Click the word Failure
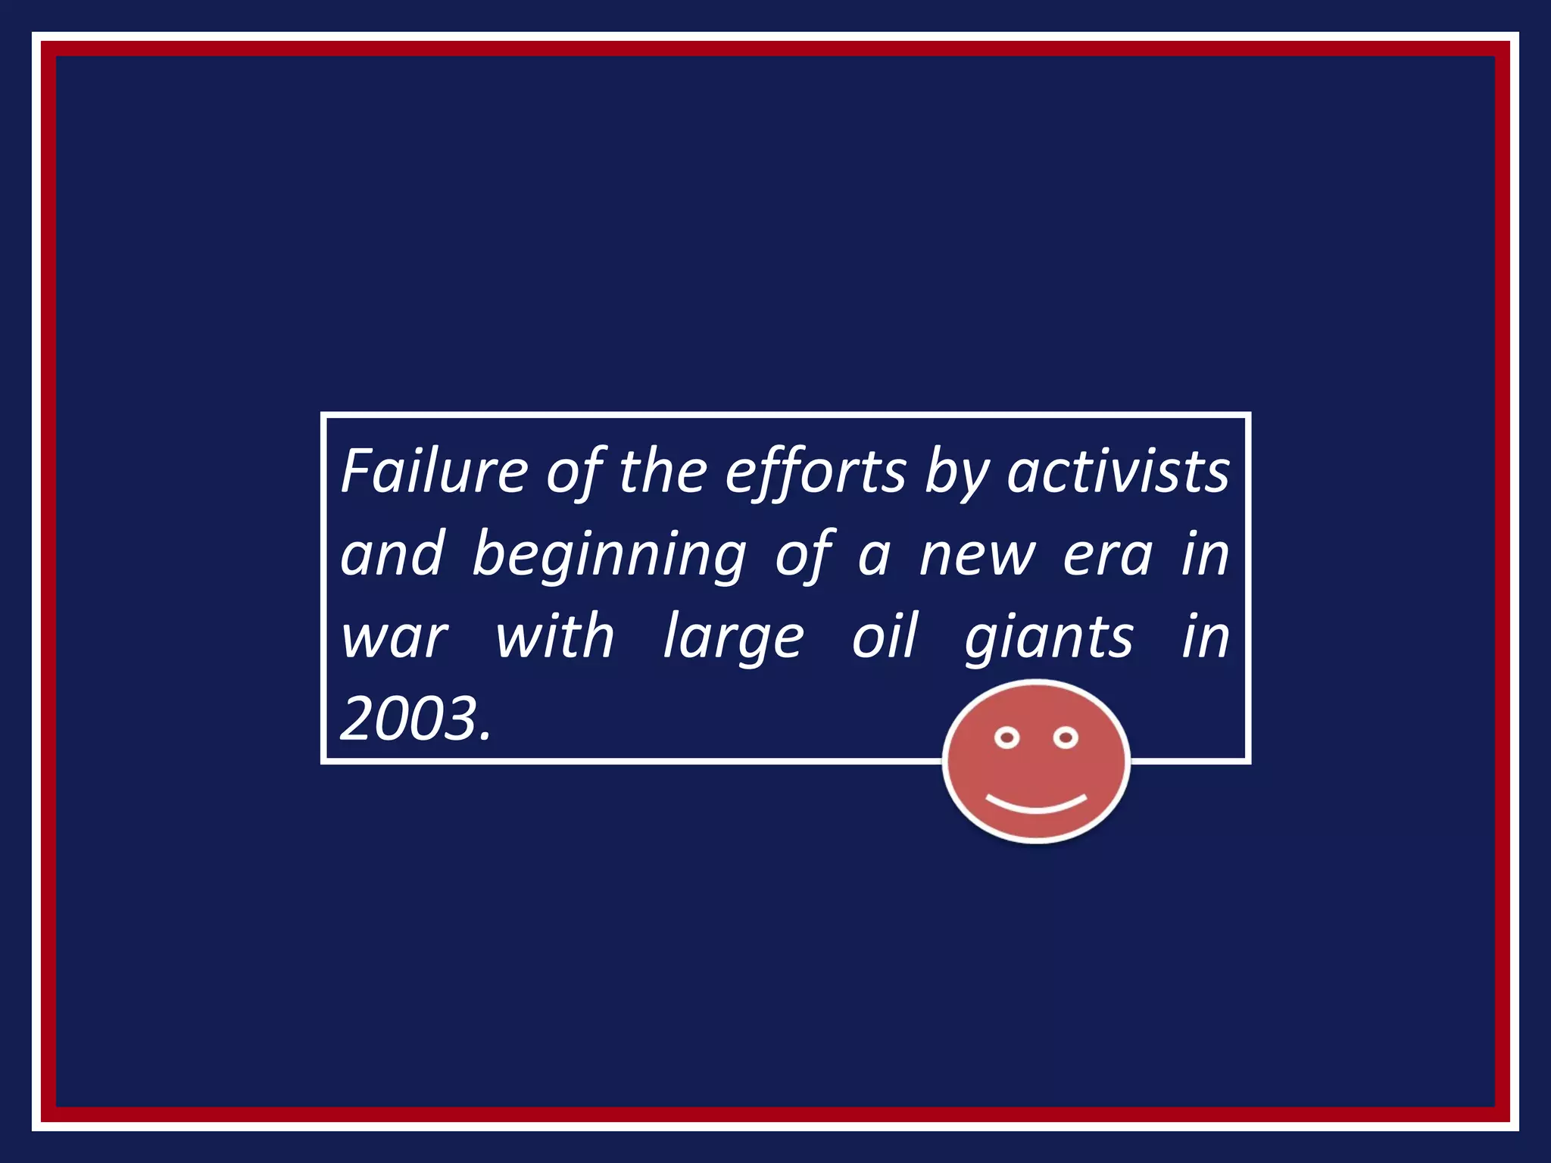click(x=434, y=471)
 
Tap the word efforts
click(x=815, y=471)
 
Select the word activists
click(x=1118, y=471)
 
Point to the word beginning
click(x=609, y=555)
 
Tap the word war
click(x=395, y=638)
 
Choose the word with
click(x=554, y=637)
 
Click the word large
click(x=733, y=638)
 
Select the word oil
click(x=885, y=637)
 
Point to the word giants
click(x=1049, y=638)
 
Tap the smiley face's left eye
click(x=1006, y=737)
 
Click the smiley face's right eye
click(x=1066, y=737)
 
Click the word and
click(x=392, y=555)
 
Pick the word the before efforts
click(x=663, y=471)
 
